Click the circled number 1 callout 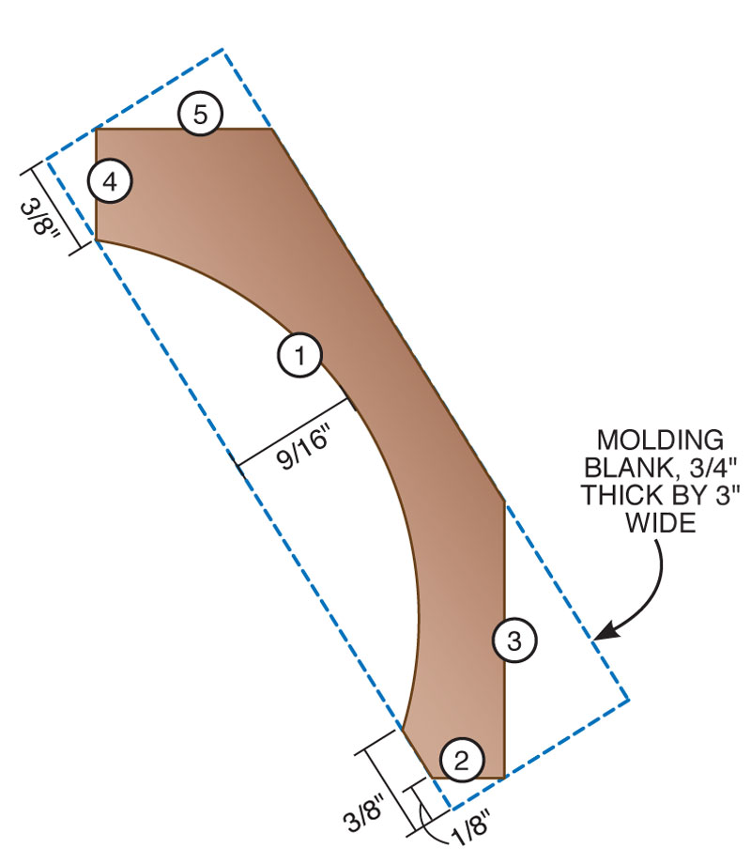[299, 356]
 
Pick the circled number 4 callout [110, 181]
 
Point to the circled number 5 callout [200, 116]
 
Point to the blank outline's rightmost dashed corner [628, 699]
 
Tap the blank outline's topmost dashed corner [222, 49]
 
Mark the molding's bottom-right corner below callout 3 [505, 777]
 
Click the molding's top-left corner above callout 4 [97, 129]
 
